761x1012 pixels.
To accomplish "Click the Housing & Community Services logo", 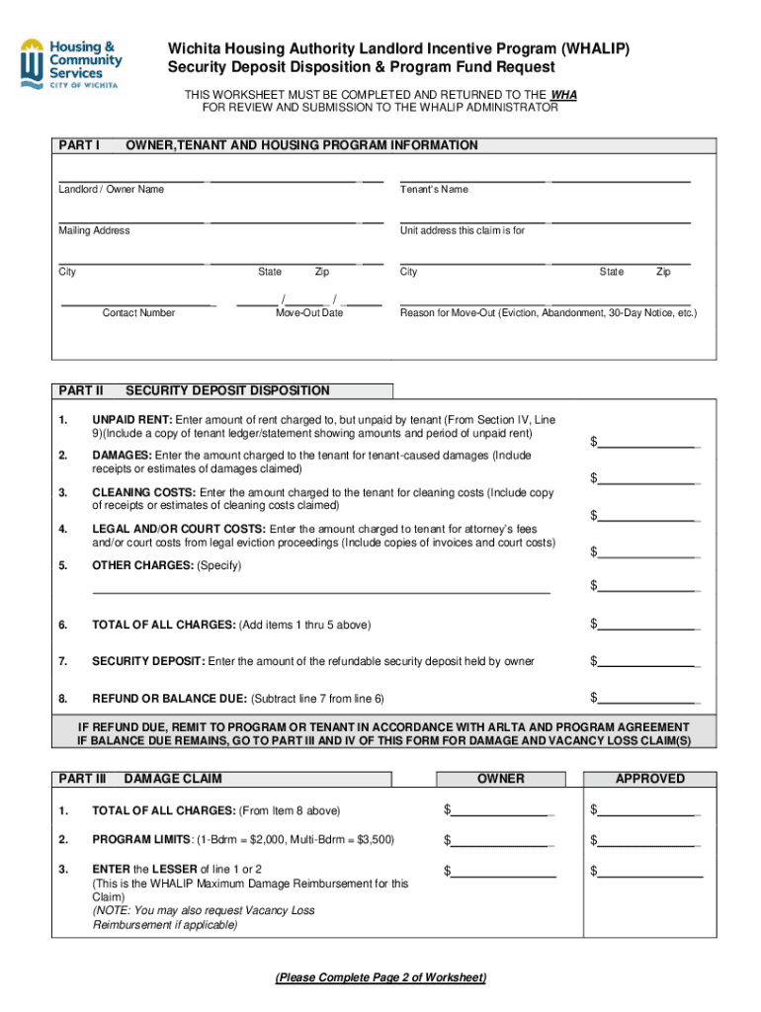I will pyautogui.click(x=70, y=63).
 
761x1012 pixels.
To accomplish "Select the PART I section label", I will pyautogui.click(x=79, y=145).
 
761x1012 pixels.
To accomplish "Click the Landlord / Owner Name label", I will pyautogui.click(x=112, y=189).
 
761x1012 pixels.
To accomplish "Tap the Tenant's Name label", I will pyautogui.click(x=434, y=189).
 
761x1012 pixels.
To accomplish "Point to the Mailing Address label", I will pyautogui.click(x=94, y=230).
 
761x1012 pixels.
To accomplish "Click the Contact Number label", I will pyautogui.click(x=138, y=312).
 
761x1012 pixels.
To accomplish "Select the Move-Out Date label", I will pyautogui.click(x=309, y=312).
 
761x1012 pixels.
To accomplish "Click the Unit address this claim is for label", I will pyautogui.click(x=462, y=230).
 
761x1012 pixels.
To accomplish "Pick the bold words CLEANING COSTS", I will pyautogui.click(x=144, y=492).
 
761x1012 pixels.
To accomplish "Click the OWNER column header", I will pyautogui.click(x=501, y=779).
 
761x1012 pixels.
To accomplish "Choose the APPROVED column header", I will pyautogui.click(x=649, y=779).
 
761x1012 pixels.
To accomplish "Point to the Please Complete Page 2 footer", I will pyautogui.click(x=380, y=977).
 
